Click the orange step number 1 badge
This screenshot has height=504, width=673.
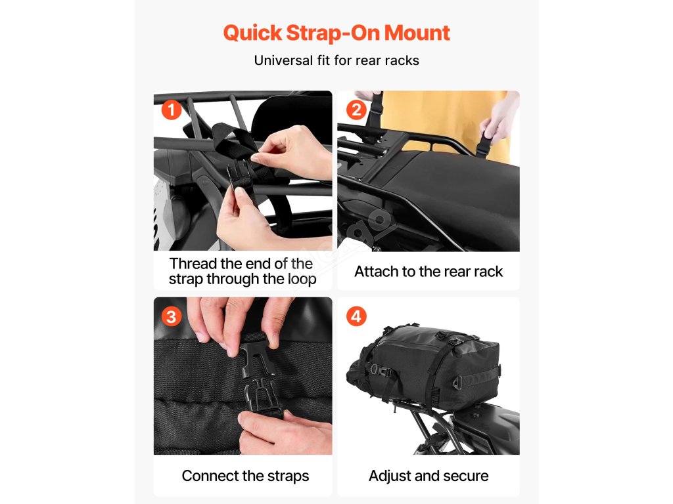(x=172, y=110)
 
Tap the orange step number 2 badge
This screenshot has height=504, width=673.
(x=356, y=110)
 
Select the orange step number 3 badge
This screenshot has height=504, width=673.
(x=172, y=317)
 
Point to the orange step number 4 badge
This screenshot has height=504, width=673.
(x=356, y=317)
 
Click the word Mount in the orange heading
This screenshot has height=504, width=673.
(x=417, y=33)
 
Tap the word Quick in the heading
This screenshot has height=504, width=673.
(x=253, y=33)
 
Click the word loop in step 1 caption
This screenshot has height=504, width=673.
(x=302, y=279)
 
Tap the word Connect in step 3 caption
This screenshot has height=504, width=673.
(x=210, y=476)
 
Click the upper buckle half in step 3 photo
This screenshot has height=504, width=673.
(x=258, y=355)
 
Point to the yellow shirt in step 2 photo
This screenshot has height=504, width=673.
(x=446, y=120)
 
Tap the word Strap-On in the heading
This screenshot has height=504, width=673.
(x=333, y=33)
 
